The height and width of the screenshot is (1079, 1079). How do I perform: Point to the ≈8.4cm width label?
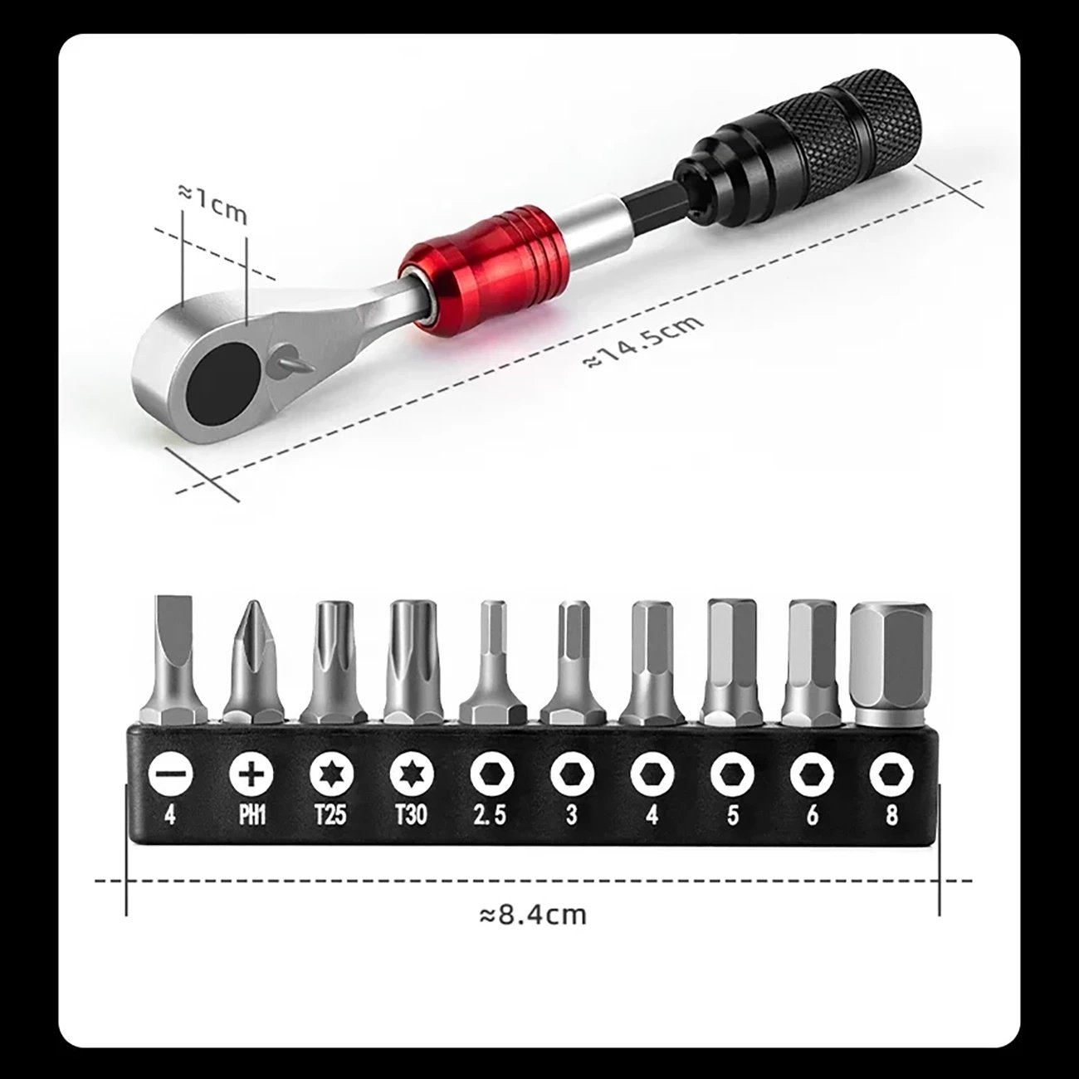[x=532, y=915]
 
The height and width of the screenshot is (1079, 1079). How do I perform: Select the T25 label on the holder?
[x=330, y=816]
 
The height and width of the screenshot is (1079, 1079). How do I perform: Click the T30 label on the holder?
[x=409, y=816]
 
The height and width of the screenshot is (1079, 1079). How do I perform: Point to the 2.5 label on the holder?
[x=489, y=816]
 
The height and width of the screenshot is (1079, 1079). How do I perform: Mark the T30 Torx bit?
[x=409, y=656]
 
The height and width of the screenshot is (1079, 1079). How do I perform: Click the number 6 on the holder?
[x=812, y=816]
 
